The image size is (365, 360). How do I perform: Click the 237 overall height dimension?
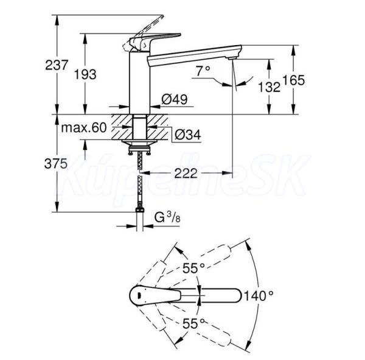pos(57,65)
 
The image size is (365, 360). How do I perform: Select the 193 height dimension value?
pos(85,74)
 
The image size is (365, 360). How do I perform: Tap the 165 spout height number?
pos(293,80)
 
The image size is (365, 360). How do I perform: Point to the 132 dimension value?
pos(269,87)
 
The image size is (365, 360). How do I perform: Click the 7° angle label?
pos(203,71)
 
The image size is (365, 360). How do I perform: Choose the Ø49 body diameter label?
pos(175,99)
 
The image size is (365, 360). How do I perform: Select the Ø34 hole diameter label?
pos(187,135)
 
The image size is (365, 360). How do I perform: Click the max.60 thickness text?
pos(83,127)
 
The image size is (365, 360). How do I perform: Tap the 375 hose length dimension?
pos(56,163)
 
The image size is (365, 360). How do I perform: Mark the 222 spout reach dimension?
pos(186,173)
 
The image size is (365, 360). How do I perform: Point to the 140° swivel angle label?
pos(259,296)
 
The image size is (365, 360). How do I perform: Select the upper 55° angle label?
pos(193,268)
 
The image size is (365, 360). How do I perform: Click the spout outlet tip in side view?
pos(233,58)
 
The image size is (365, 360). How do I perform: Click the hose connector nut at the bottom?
pos(140,210)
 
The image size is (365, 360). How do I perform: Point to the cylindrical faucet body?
pos(139,83)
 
